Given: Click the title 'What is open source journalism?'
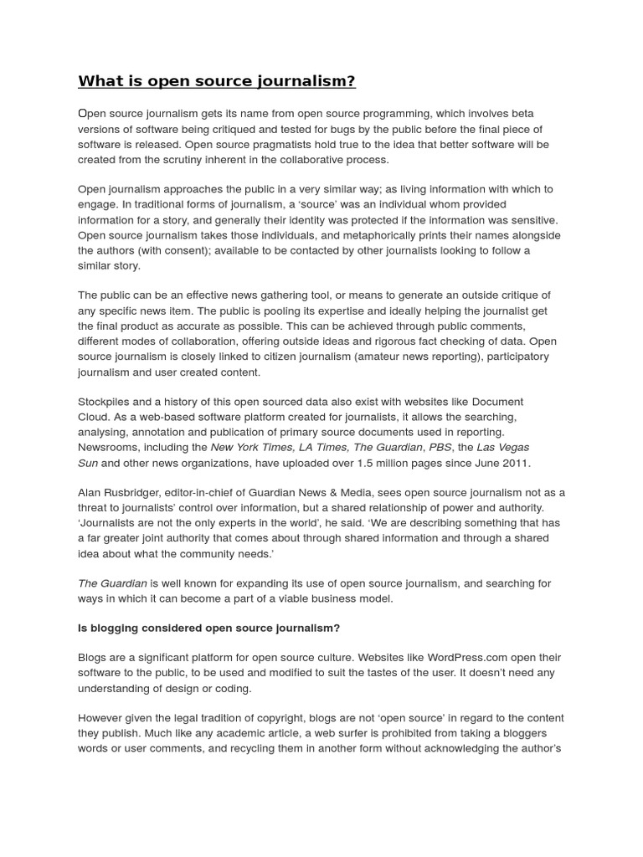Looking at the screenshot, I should click(x=217, y=81).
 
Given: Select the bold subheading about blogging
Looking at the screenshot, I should click(x=208, y=628).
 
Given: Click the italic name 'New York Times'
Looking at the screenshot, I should click(x=249, y=447).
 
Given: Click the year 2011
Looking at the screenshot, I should click(x=515, y=462).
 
